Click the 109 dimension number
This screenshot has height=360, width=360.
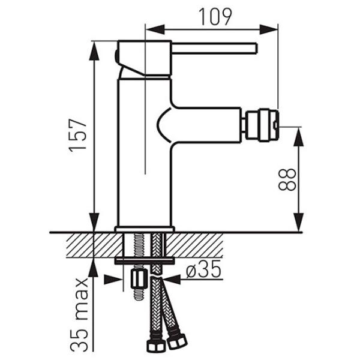pyautogui.click(x=215, y=17)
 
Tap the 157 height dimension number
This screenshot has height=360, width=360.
pyautogui.click(x=78, y=136)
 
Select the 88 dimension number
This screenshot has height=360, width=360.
pyautogui.click(x=287, y=180)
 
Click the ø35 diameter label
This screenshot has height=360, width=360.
pyautogui.click(x=203, y=269)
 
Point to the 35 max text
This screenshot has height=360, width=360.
pyautogui.click(x=79, y=314)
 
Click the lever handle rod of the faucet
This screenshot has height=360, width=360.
pyautogui.click(x=214, y=48)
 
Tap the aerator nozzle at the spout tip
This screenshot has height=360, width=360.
pyautogui.click(x=262, y=125)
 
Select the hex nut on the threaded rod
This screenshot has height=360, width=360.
pyautogui.click(x=139, y=279)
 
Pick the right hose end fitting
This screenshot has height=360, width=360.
pyautogui.click(x=176, y=340)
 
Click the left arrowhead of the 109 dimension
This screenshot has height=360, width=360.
pyautogui.click(x=155, y=29)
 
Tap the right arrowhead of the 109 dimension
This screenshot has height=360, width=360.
pyautogui.click(x=269, y=29)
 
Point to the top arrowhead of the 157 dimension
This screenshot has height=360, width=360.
pyautogui.click(x=94, y=51)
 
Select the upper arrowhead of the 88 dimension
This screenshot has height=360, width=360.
pyautogui.click(x=298, y=137)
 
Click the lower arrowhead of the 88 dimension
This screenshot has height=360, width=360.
pyautogui.click(x=298, y=222)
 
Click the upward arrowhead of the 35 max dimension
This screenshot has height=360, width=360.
pyautogui.click(x=94, y=268)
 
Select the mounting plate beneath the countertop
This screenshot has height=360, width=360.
pyautogui.click(x=145, y=261)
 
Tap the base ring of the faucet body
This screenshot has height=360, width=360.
pyautogui.click(x=145, y=229)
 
